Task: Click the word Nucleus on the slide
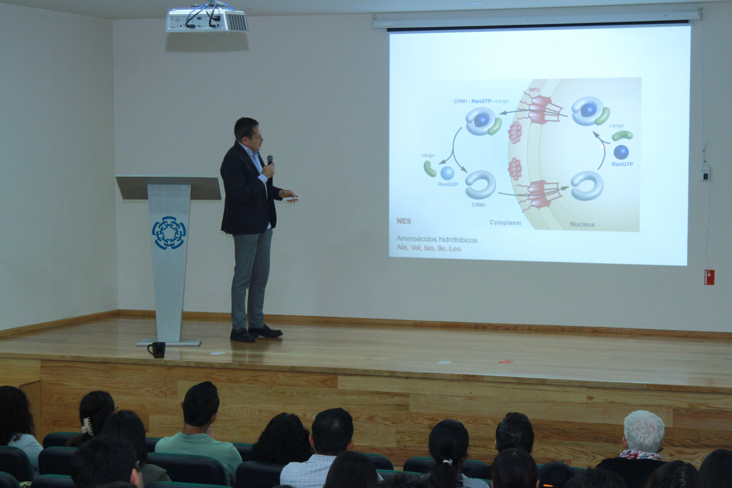582,224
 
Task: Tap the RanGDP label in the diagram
448,184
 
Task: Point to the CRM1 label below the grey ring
479,205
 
